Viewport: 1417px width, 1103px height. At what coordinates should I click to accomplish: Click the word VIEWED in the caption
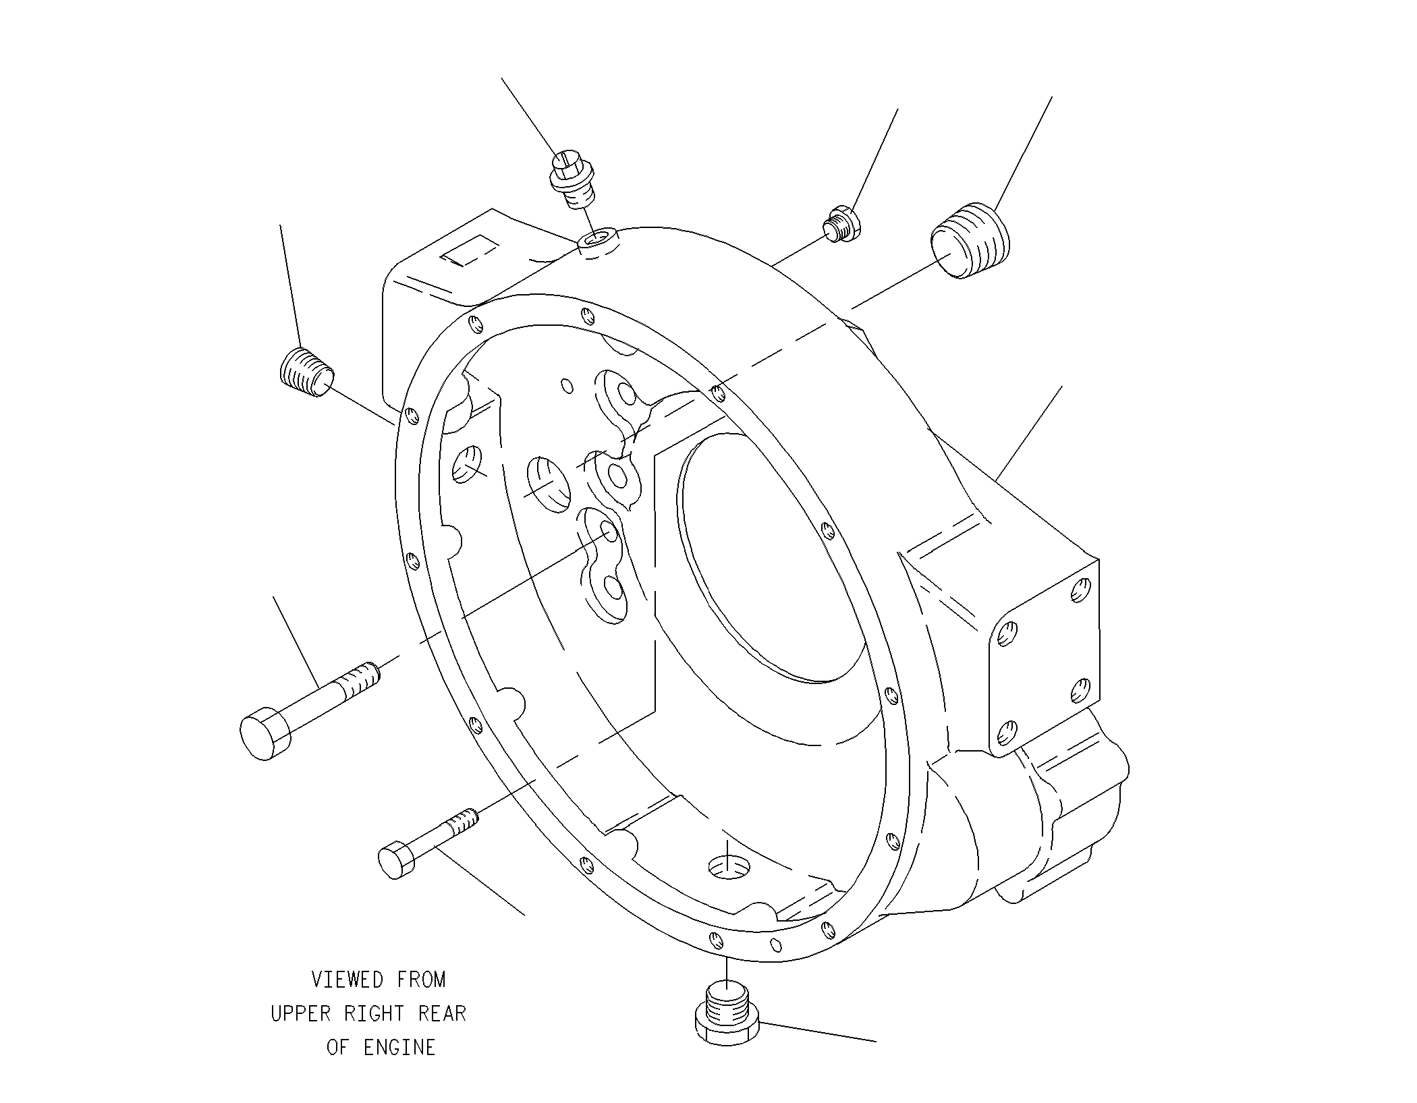click(348, 979)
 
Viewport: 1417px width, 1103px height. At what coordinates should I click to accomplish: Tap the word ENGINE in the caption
click(399, 1048)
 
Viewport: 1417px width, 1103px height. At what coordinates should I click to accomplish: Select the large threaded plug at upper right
click(970, 240)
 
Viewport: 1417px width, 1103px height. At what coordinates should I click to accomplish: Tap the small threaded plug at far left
click(306, 372)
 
